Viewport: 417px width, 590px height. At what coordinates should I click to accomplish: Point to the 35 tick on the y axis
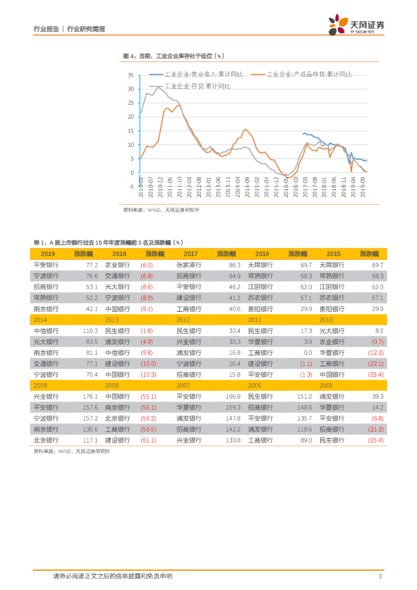[x=130, y=75]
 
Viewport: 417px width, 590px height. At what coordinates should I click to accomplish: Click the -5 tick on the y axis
[x=131, y=187]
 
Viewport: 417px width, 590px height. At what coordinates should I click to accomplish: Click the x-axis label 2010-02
[x=140, y=188]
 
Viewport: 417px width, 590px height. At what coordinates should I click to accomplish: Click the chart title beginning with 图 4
[x=173, y=56]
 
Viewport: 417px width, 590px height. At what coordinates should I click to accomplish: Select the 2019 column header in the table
[x=48, y=254]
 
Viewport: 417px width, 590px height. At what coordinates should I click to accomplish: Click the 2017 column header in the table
[x=191, y=254]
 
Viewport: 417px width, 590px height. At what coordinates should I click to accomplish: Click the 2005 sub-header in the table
[x=326, y=385]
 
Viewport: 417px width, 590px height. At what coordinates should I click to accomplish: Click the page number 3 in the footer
[x=380, y=576]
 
